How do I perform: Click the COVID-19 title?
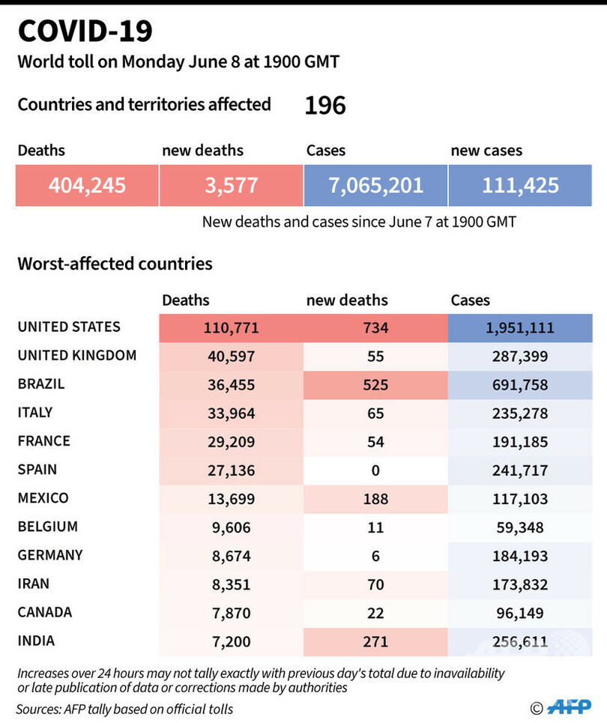(x=85, y=31)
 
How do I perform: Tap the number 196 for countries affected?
(x=325, y=106)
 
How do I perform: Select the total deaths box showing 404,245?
(x=87, y=185)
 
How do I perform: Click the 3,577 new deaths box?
(x=231, y=185)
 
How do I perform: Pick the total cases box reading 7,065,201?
(x=375, y=185)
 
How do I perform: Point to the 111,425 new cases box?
(x=520, y=185)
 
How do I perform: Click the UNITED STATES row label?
(x=69, y=327)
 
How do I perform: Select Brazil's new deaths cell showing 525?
(x=375, y=384)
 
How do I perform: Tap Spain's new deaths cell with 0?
(x=375, y=471)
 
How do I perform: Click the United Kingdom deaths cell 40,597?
(x=231, y=356)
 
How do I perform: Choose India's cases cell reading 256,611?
(x=520, y=642)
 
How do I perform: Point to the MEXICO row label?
(x=43, y=498)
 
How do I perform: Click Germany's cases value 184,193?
(x=520, y=556)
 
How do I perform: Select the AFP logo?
(x=568, y=707)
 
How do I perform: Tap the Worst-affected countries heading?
(x=115, y=264)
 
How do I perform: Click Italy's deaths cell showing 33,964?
(x=231, y=413)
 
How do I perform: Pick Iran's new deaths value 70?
(x=375, y=584)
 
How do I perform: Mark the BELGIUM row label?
(x=48, y=527)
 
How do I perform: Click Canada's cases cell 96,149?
(x=520, y=613)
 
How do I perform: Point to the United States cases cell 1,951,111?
(x=520, y=327)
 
